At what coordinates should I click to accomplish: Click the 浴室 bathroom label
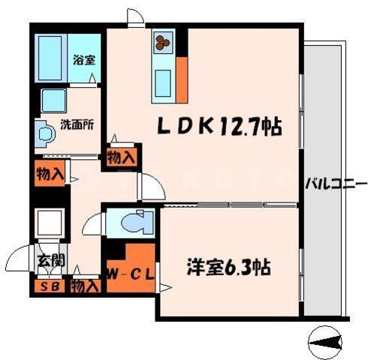coord(83,60)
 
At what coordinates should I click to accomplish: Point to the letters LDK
coord(182,127)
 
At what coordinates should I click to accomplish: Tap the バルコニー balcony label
coord(336,183)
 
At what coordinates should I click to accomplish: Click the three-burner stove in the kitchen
coord(164,43)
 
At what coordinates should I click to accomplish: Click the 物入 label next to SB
coord(85,286)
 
